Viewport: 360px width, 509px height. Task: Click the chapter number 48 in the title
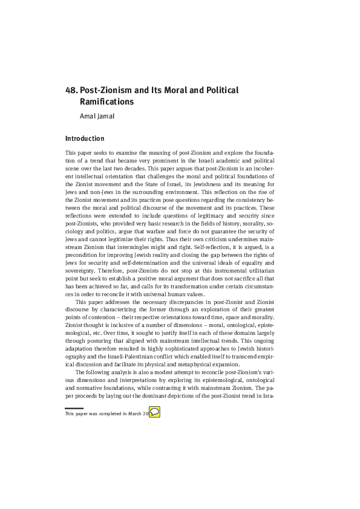(x=70, y=91)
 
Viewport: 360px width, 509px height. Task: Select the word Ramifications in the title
(x=106, y=103)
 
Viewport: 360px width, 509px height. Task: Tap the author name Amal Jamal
(x=97, y=116)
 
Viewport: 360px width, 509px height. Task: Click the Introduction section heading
(x=85, y=138)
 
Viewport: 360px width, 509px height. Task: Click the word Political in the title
(x=221, y=91)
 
